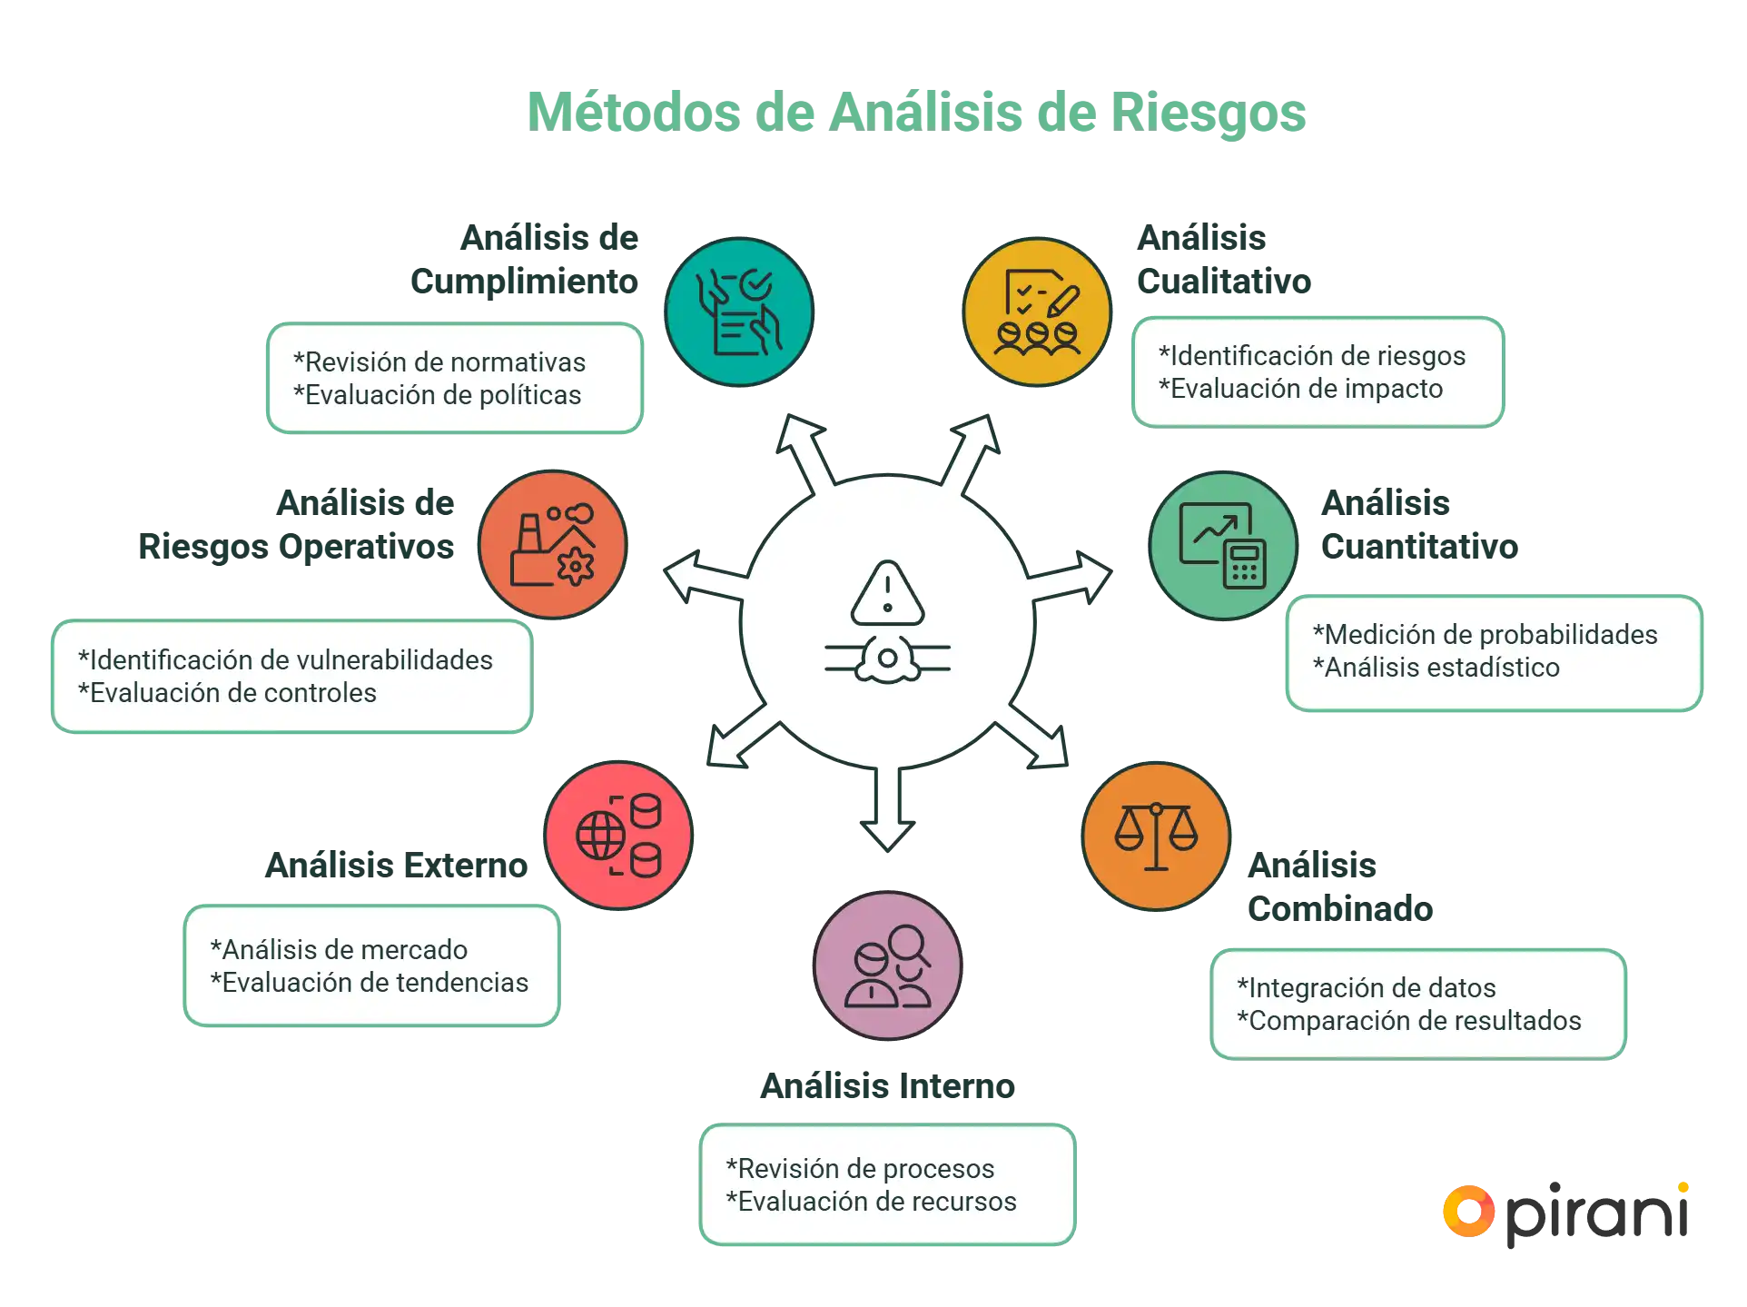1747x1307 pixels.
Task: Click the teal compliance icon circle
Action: point(739,312)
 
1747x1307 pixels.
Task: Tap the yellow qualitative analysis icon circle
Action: point(1037,312)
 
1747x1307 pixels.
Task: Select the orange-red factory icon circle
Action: point(553,545)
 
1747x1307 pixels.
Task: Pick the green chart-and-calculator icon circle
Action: point(1223,545)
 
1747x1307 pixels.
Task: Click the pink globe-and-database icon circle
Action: point(619,836)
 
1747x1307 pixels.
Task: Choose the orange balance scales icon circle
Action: point(1156,836)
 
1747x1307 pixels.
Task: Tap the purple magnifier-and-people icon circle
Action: point(888,965)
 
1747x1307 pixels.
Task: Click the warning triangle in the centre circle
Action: point(887,594)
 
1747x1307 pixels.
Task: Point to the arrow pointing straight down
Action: point(887,808)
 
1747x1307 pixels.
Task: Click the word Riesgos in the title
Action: point(1209,112)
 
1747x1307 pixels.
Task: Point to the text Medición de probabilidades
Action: point(1485,635)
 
